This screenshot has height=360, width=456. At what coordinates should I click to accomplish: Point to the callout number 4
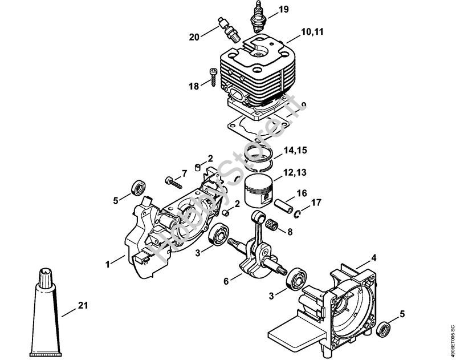(x=373, y=258)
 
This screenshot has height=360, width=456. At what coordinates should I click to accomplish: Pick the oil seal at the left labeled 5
(x=137, y=188)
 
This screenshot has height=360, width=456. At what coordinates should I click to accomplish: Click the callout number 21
(x=83, y=307)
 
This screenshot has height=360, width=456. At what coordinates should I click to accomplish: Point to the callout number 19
(x=284, y=10)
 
